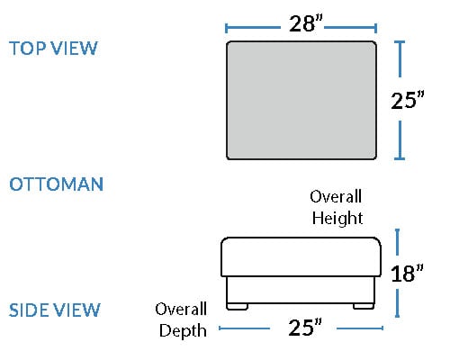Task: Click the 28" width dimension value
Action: click(x=306, y=23)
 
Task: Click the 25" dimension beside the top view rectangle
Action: click(x=408, y=100)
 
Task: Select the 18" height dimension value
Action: click(x=407, y=273)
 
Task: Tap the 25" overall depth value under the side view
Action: click(x=305, y=327)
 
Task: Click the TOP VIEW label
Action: click(x=53, y=48)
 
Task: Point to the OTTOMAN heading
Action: click(x=57, y=184)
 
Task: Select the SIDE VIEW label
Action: click(x=54, y=310)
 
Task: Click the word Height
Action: click(x=337, y=218)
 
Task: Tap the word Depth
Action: click(x=183, y=331)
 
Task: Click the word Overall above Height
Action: click(x=336, y=197)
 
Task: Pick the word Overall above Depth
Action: click(x=181, y=309)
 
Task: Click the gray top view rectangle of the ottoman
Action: click(x=301, y=100)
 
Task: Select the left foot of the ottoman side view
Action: click(x=237, y=307)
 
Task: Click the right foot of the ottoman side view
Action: click(x=364, y=306)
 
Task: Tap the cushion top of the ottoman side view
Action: click(x=301, y=256)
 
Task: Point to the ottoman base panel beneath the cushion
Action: click(x=301, y=290)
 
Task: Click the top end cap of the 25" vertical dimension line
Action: click(x=400, y=42)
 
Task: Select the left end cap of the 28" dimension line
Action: click(x=227, y=28)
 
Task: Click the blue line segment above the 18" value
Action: click(x=398, y=242)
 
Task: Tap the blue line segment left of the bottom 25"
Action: click(x=245, y=328)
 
